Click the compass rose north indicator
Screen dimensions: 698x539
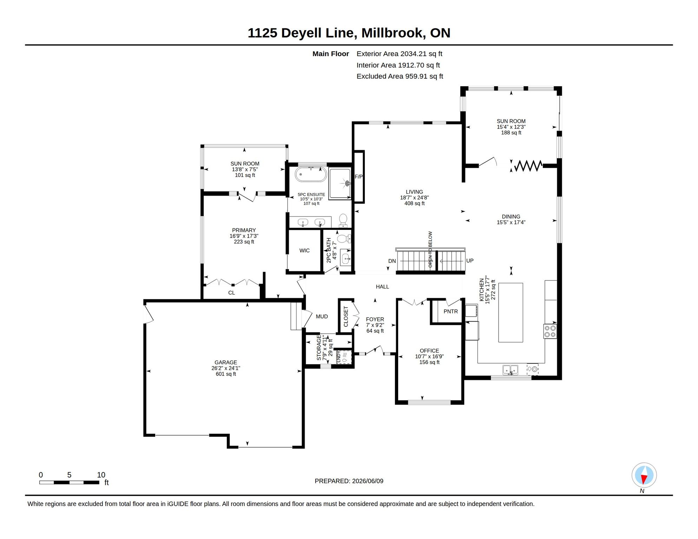[644, 475]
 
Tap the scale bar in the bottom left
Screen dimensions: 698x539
[69, 483]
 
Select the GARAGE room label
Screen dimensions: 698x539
[226, 362]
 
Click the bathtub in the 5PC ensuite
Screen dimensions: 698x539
[311, 174]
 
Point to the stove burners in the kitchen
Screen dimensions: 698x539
[550, 331]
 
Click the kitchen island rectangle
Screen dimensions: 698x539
[511, 312]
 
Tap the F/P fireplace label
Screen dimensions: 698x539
[358, 177]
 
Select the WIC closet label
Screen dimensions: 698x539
[304, 251]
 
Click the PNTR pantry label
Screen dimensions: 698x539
[450, 311]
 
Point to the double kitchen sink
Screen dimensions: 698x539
[510, 370]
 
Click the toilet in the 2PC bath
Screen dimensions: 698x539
[344, 239]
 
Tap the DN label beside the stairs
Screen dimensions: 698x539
[392, 261]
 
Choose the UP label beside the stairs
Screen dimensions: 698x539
[470, 261]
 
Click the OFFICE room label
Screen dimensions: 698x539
[429, 351]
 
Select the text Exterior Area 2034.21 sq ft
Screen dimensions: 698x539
[399, 54]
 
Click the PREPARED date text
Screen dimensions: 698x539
[349, 481]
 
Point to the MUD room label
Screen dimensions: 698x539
[322, 317]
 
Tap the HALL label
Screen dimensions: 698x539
[382, 287]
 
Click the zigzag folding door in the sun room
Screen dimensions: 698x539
[528, 166]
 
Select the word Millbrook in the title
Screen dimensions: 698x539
[391, 33]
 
